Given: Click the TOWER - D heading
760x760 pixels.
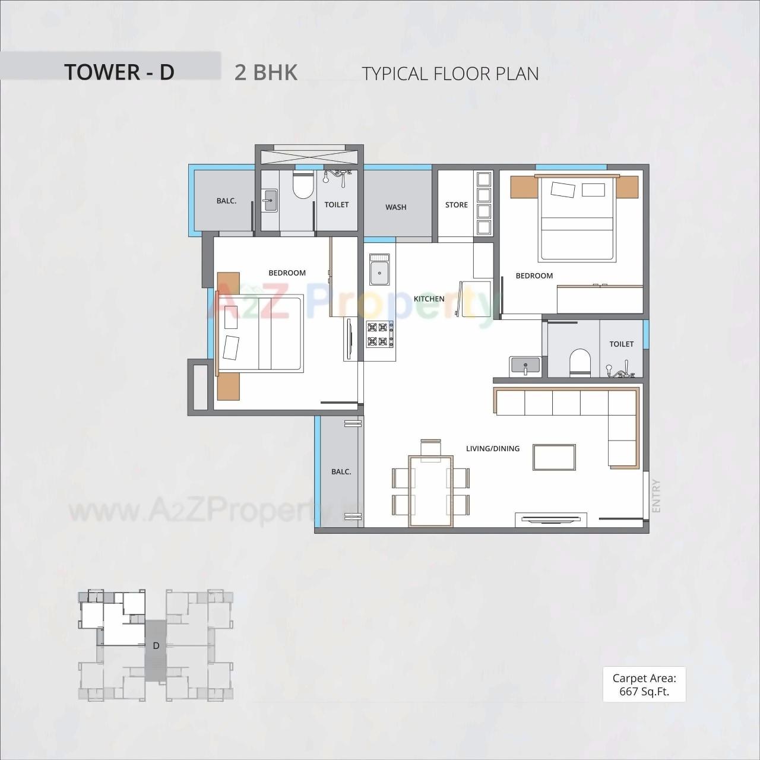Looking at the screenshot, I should [119, 72].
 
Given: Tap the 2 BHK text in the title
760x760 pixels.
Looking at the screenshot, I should [266, 72].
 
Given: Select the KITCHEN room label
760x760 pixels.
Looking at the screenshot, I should [429, 299].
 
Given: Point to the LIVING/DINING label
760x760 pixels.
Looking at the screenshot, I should [493, 448].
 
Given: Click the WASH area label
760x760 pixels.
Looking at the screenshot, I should [396, 207].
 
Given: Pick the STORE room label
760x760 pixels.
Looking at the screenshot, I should [457, 205].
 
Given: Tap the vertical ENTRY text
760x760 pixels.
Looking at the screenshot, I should [656, 496].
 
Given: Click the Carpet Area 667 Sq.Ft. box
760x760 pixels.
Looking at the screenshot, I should [644, 685].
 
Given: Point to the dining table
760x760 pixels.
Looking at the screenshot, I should [430, 490].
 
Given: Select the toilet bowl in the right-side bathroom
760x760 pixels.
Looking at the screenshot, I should [580, 362].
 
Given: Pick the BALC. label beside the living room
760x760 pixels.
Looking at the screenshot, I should [341, 471].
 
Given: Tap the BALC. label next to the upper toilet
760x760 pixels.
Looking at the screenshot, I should [226, 201].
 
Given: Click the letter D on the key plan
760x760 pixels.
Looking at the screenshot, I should [156, 645].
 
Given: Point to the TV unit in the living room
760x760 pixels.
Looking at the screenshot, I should [551, 520].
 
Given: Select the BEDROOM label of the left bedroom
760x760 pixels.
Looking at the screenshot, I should [287, 273].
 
